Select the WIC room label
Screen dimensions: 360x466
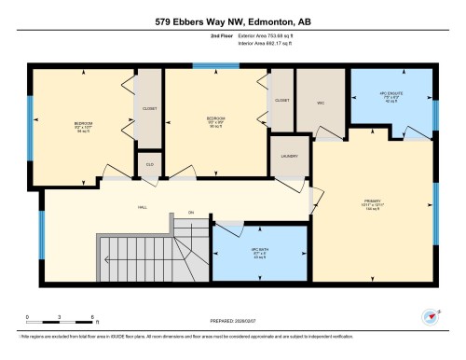[320, 103]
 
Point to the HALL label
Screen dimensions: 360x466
[143, 208]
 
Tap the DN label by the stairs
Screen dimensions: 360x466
[190, 214]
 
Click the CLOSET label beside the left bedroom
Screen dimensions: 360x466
[150, 107]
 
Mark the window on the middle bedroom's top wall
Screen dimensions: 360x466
[208, 65]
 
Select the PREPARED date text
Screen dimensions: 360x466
[233, 322]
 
